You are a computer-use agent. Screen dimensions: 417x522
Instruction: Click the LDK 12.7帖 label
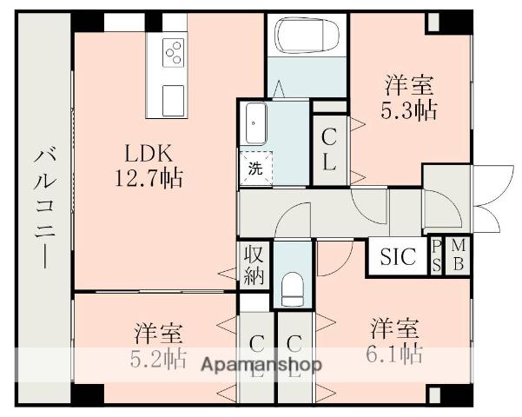tap(152, 166)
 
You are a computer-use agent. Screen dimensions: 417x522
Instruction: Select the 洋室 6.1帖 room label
tap(395, 341)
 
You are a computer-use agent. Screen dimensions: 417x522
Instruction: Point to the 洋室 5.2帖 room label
tap(158, 345)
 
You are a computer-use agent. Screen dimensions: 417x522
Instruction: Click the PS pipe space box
tap(436, 257)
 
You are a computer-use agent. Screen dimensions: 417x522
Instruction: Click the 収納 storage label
tap(254, 264)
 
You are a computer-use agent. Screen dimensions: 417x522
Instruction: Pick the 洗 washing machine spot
tap(255, 169)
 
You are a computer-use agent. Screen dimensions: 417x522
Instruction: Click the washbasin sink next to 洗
tap(255, 123)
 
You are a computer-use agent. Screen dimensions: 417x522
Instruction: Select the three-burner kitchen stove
tap(174, 54)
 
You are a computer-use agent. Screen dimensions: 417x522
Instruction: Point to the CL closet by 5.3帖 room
tap(329, 149)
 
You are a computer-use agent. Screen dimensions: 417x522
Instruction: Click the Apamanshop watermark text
tap(261, 364)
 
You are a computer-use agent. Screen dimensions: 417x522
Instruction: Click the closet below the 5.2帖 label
tap(256, 356)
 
